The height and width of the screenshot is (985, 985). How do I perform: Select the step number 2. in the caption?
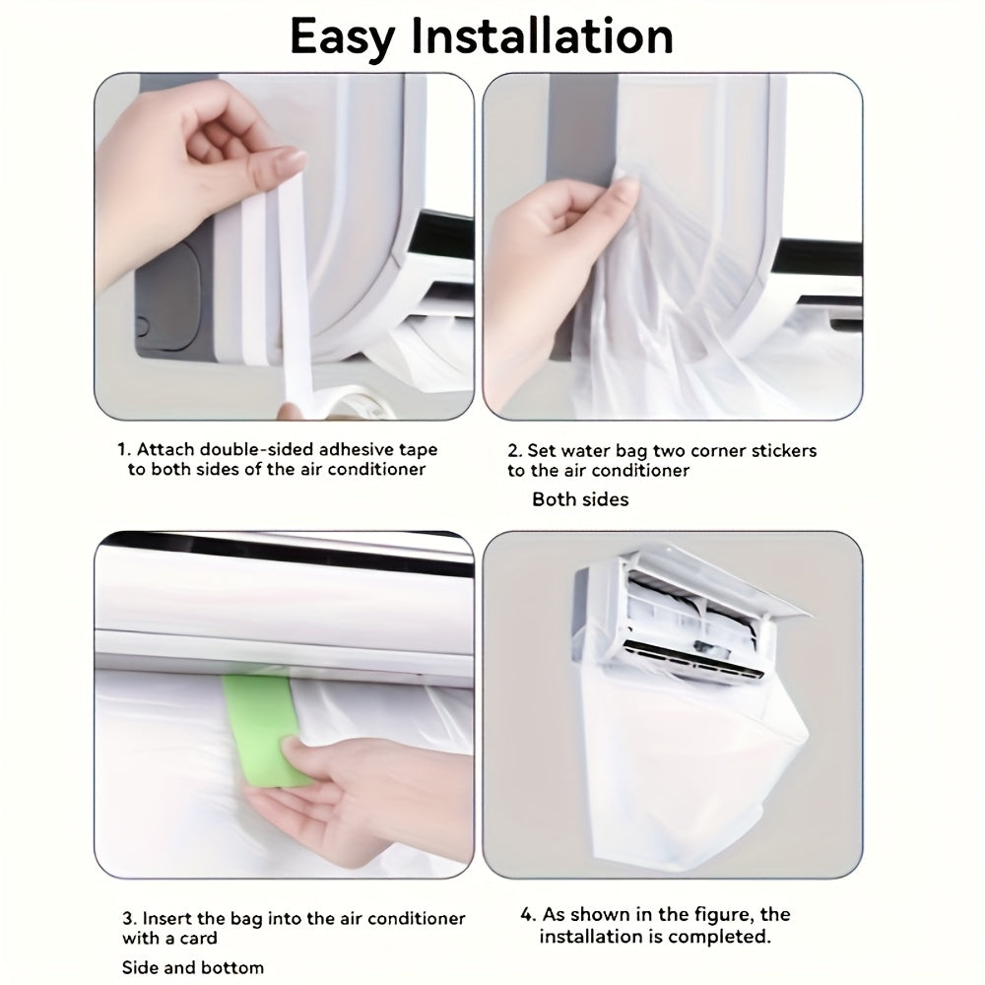coord(514,450)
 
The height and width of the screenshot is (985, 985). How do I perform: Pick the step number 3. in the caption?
coord(129,918)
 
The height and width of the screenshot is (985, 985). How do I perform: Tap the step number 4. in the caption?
coord(528,915)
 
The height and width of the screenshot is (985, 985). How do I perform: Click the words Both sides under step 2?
coord(580,499)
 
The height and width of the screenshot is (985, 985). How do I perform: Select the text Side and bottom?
coord(193,967)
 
